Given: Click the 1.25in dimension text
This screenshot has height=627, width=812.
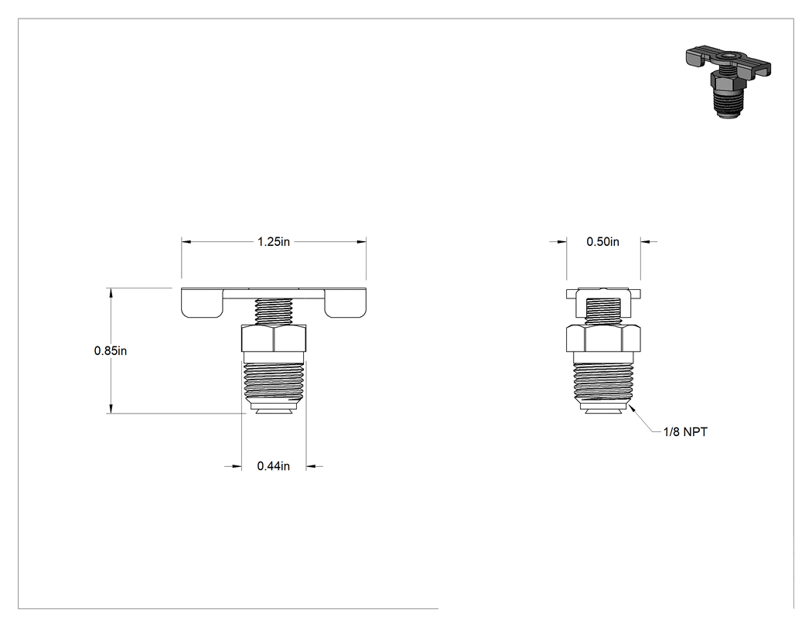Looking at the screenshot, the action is (x=274, y=242).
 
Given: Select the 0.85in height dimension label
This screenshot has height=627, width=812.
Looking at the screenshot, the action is (x=111, y=350).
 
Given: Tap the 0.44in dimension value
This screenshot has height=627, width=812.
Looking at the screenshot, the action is (x=274, y=466).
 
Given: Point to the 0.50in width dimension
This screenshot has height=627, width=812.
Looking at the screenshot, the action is (x=602, y=242).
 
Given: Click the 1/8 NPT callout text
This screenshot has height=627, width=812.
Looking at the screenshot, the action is (x=685, y=432).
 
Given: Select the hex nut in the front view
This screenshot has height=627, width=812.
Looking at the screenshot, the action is (x=274, y=338).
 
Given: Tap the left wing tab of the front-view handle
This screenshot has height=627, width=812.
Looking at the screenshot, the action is (x=202, y=303).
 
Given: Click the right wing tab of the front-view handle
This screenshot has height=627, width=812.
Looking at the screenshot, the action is (x=346, y=303).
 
